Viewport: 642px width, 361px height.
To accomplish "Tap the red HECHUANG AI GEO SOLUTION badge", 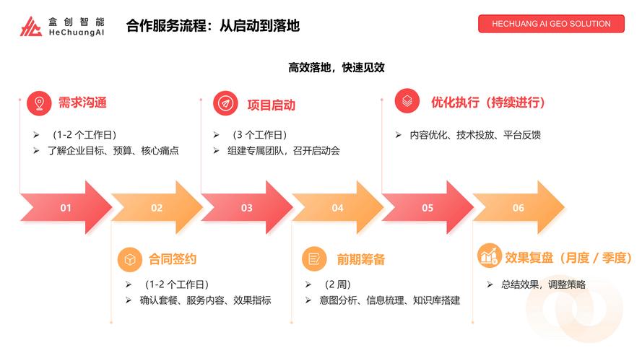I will tap(551, 23).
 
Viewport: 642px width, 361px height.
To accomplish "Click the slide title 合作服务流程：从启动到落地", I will tap(213, 26).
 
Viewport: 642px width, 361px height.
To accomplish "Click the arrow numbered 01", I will tap(66, 208).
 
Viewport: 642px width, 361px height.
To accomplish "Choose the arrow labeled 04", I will tap(337, 208).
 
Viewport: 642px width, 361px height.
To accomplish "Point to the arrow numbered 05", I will tap(428, 208).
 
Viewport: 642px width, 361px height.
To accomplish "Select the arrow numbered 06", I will tap(518, 208).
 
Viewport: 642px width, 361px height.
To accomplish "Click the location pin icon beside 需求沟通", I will tap(39, 103).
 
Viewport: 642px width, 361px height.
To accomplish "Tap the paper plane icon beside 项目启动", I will tap(225, 104).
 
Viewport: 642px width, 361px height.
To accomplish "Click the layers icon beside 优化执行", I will tap(407, 101).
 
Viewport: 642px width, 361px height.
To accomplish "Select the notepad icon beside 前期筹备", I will tap(313, 258).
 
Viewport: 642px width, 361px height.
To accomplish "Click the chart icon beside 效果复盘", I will tap(490, 256).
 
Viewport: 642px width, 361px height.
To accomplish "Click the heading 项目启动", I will tap(271, 105).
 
